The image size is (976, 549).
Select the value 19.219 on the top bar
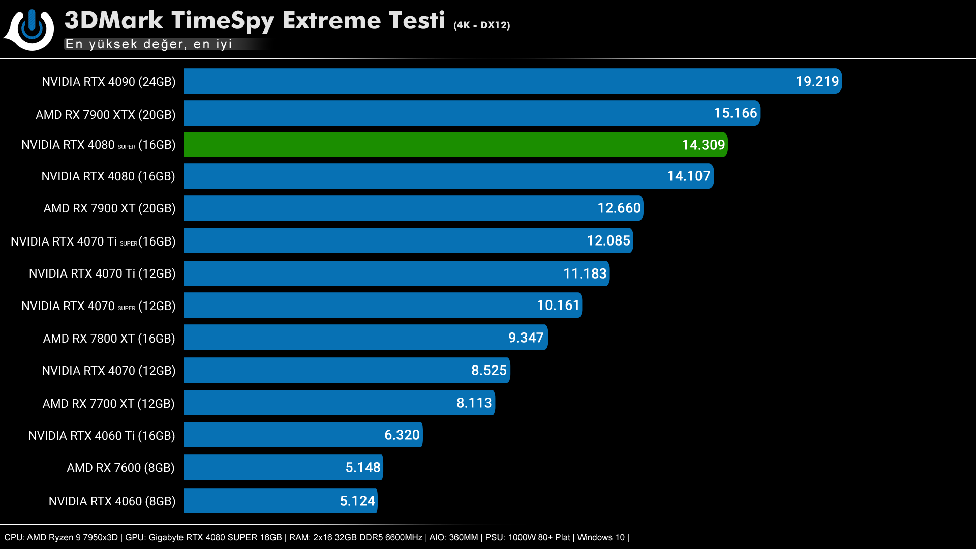point(817,81)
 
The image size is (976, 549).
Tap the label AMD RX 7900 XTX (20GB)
point(105,115)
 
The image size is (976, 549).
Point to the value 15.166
point(735,113)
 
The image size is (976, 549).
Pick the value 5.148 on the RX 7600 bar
point(362,467)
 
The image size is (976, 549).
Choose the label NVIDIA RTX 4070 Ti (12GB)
point(102,273)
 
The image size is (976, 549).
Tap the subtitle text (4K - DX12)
point(481,25)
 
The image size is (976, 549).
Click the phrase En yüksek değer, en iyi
point(148,44)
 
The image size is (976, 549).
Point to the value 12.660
point(619,208)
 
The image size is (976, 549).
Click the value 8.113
point(474,403)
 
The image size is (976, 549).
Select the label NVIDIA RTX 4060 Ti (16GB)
point(102,436)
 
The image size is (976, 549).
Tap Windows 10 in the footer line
point(601,537)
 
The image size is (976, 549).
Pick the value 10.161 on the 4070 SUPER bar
point(558,305)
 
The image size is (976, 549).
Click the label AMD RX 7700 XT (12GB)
point(108,404)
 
